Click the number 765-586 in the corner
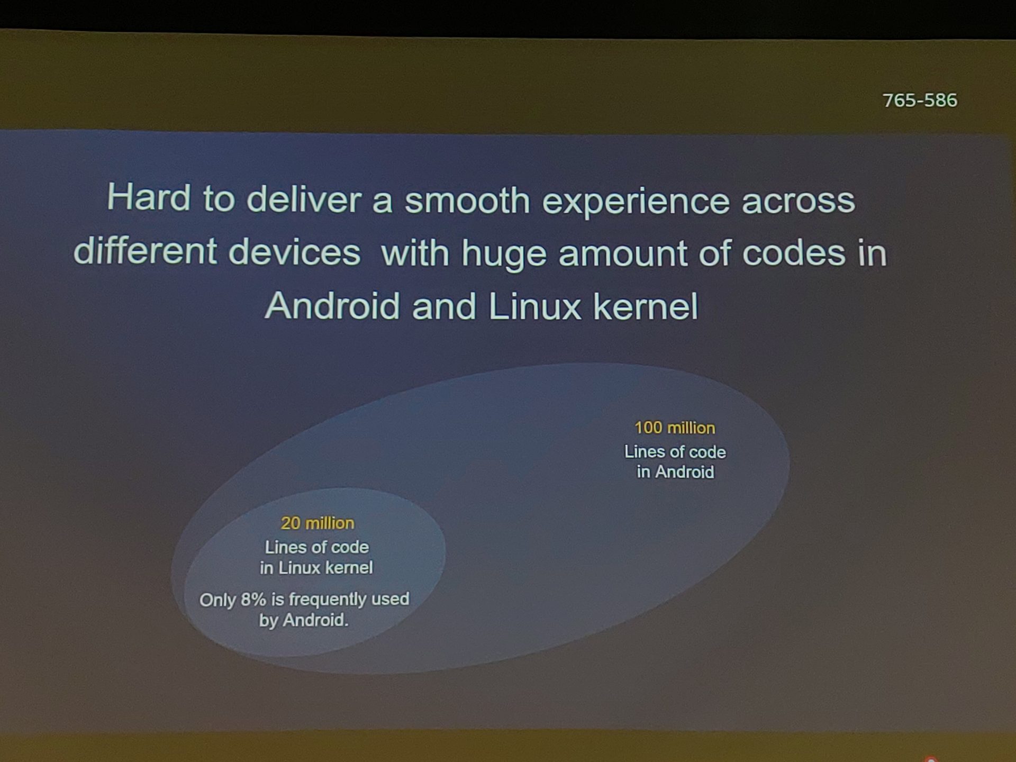pos(920,100)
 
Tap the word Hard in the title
pos(149,197)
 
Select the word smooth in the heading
pos(467,200)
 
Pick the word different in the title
pos(145,250)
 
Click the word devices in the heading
pos(295,251)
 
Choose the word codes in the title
pos(794,252)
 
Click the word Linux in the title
pos(534,306)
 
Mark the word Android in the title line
pos(332,305)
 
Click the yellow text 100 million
pos(675,428)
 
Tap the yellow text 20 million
pos(317,523)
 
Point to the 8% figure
pos(253,600)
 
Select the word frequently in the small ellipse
pos(328,600)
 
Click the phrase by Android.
pos(304,620)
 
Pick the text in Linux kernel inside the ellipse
pos(316,568)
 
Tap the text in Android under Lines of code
pos(675,471)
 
